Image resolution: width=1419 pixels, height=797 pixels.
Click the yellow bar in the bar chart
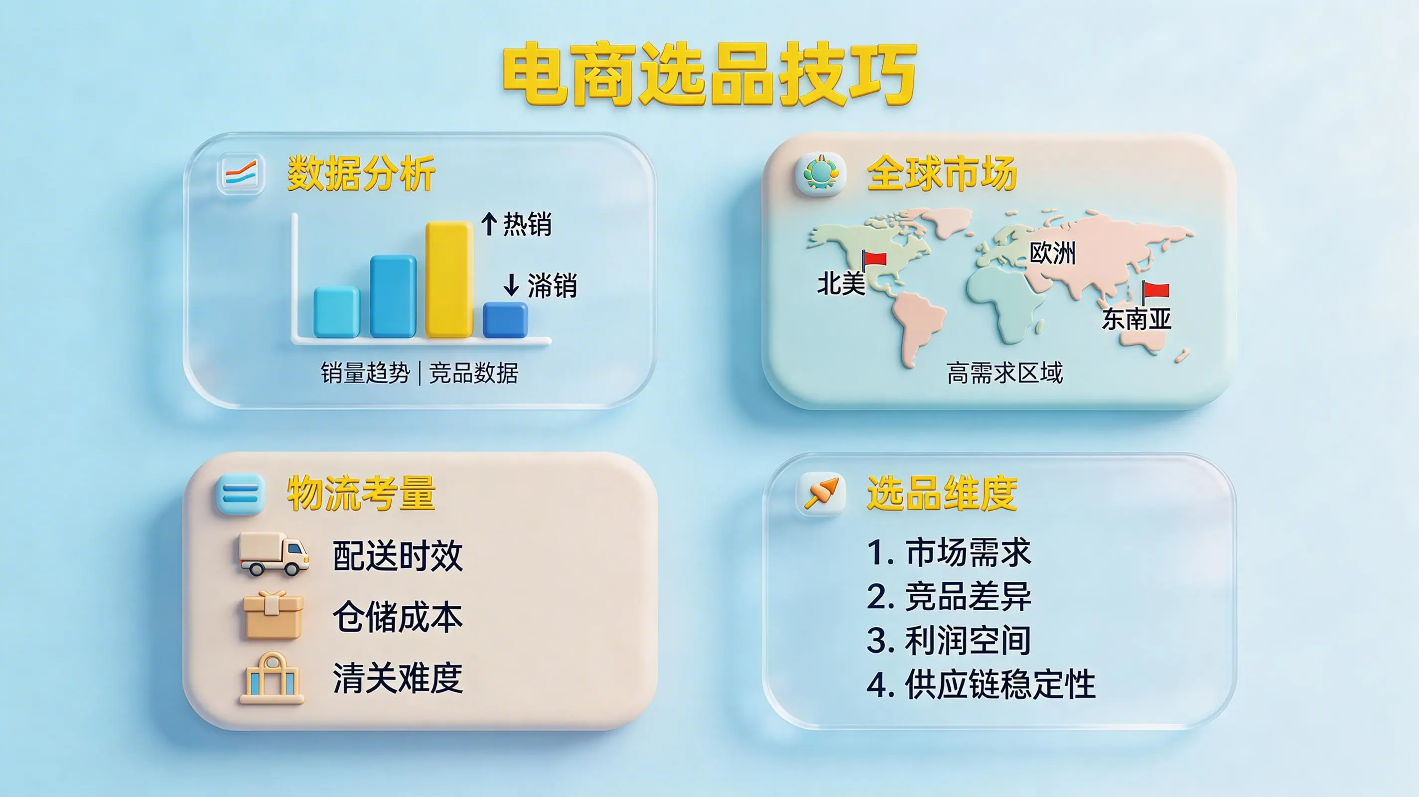click(449, 279)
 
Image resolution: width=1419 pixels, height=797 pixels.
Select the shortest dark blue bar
click(505, 319)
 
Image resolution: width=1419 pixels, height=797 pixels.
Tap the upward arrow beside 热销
click(489, 224)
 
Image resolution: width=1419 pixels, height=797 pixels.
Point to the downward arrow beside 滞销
click(511, 285)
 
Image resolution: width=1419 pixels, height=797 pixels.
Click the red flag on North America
click(874, 260)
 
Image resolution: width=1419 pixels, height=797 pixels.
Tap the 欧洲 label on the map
click(1053, 253)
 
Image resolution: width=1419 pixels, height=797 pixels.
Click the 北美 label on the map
click(841, 283)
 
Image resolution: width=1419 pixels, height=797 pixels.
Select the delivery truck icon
click(274, 553)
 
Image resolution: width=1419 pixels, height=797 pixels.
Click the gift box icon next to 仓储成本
click(273, 615)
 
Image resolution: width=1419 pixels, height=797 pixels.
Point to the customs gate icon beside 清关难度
click(272, 678)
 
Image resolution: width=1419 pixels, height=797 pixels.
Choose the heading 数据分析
click(361, 173)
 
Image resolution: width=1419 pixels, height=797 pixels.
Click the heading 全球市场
click(941, 173)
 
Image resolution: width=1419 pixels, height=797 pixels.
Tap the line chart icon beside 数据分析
click(241, 174)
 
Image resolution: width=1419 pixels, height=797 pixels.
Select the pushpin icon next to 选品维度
click(820, 493)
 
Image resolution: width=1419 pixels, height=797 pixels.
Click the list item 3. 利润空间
click(949, 641)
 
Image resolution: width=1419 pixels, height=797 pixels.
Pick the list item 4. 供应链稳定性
click(981, 684)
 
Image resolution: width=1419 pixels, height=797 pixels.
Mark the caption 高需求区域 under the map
click(1005, 373)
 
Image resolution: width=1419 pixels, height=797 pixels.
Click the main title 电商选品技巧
click(709, 74)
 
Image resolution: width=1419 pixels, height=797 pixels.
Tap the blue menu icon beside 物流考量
click(241, 494)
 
